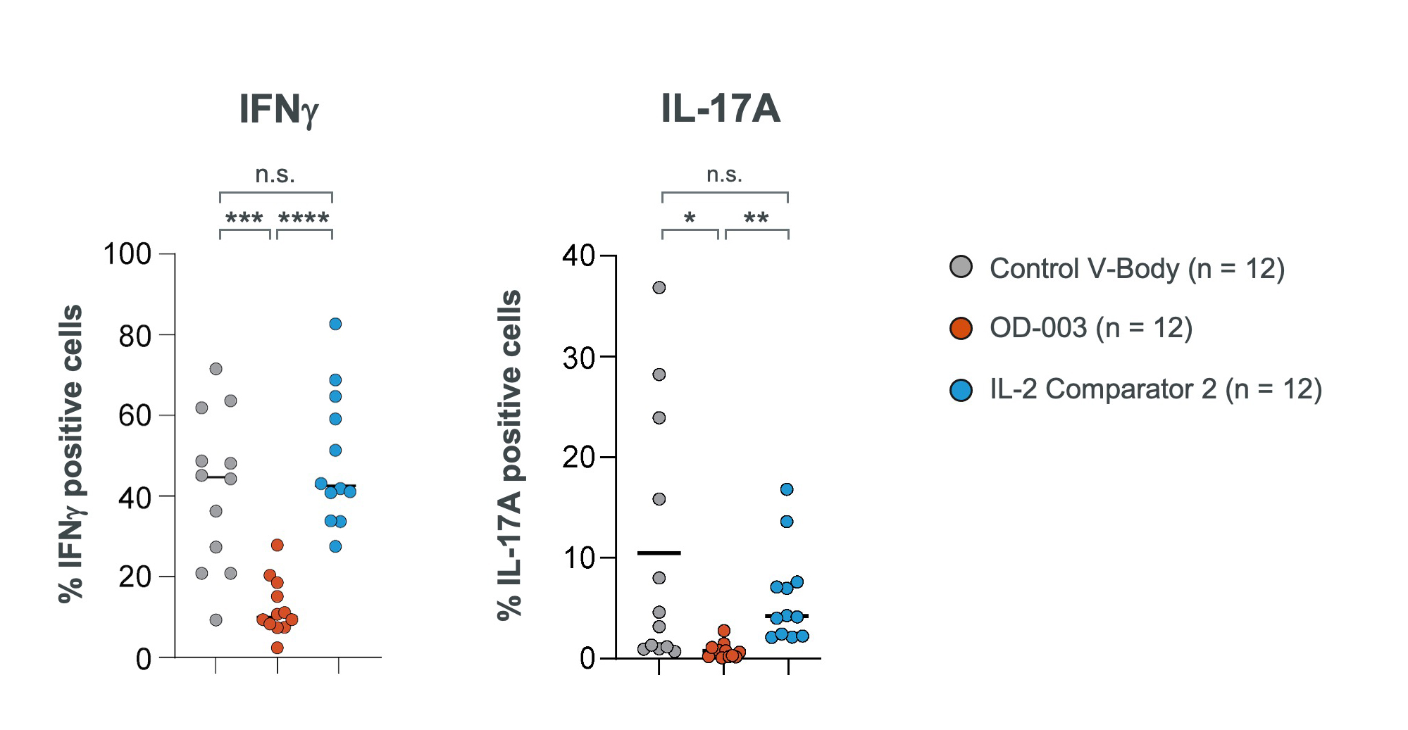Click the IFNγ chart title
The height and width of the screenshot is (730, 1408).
pyautogui.click(x=279, y=110)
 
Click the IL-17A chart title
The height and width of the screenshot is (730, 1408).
pyautogui.click(x=720, y=110)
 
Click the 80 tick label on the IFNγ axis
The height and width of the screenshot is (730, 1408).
pyautogui.click(x=135, y=336)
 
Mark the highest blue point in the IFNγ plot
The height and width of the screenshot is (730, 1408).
pyautogui.click(x=335, y=324)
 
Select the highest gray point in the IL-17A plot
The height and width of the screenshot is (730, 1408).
pyautogui.click(x=659, y=287)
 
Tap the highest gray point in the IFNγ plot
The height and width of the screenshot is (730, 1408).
pyautogui.click(x=216, y=369)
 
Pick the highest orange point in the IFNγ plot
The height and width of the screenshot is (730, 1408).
pyautogui.click(x=278, y=545)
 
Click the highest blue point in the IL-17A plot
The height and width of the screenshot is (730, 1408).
pyautogui.click(x=787, y=489)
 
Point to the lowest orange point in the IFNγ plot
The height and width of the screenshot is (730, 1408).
pyautogui.click(x=278, y=648)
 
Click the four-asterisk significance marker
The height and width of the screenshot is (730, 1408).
pyautogui.click(x=304, y=219)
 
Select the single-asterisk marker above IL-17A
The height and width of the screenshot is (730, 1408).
pyautogui.click(x=690, y=219)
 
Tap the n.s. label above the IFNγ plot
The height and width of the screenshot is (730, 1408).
pyautogui.click(x=275, y=175)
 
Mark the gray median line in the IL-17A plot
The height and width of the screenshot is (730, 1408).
pyautogui.click(x=659, y=553)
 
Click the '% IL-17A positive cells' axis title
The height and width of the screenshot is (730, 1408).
pyautogui.click(x=510, y=455)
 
